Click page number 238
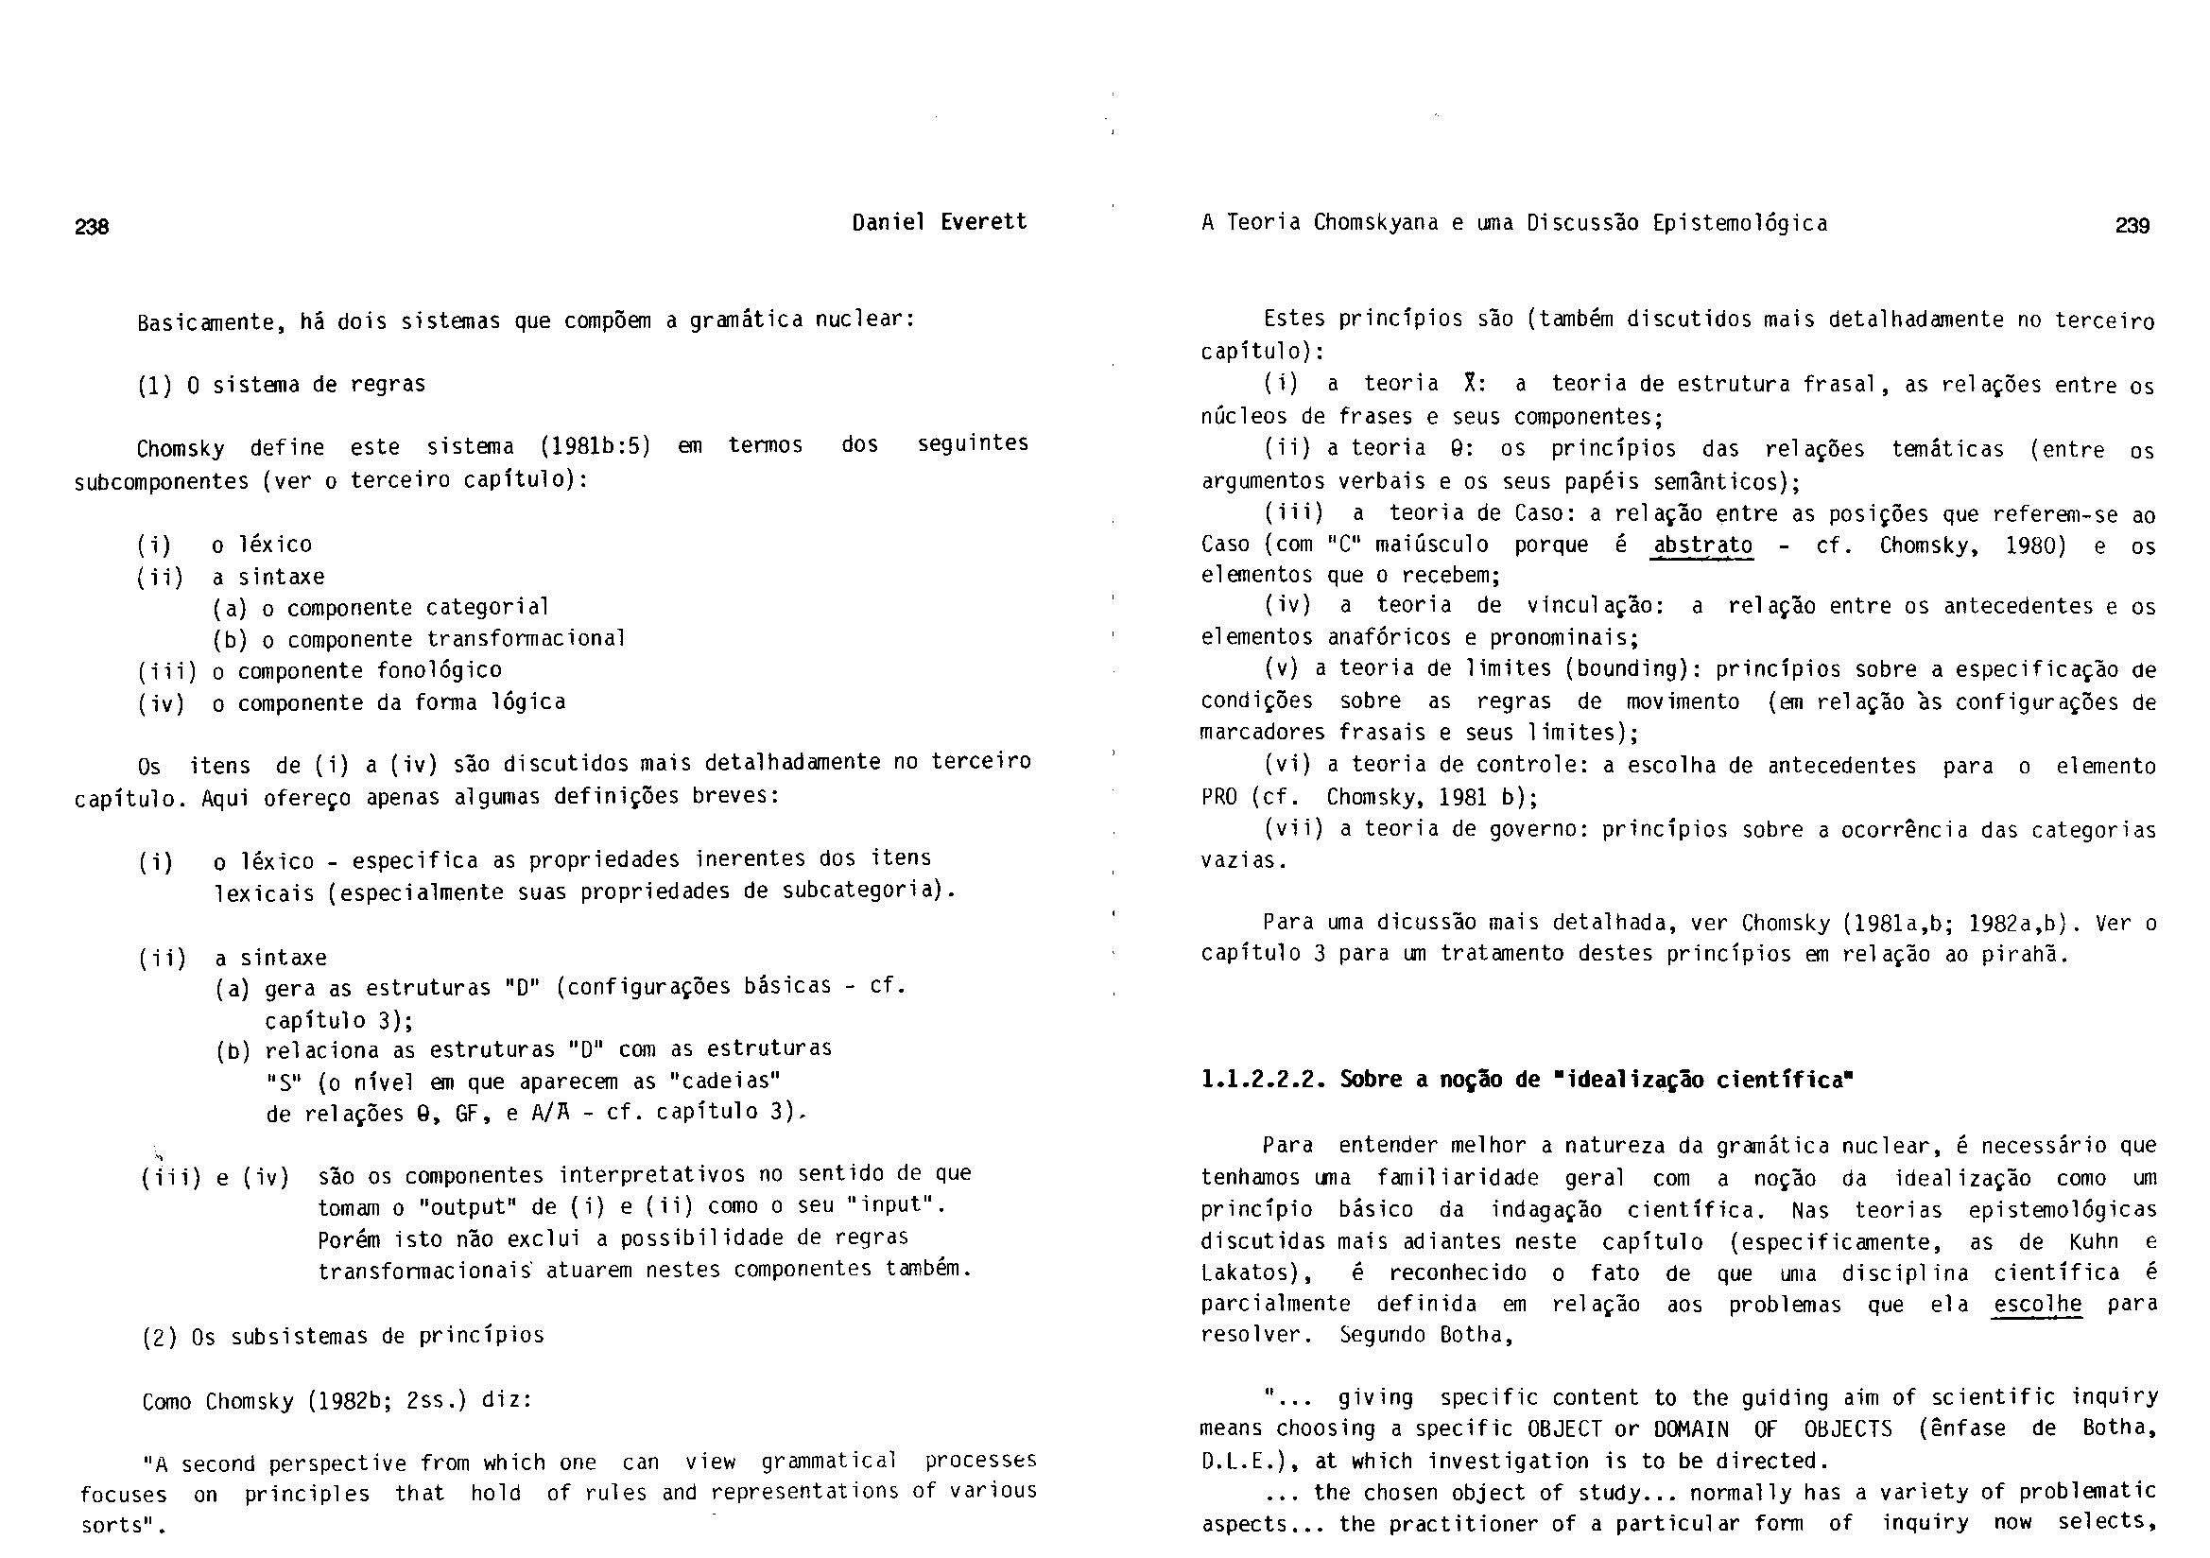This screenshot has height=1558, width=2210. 93,227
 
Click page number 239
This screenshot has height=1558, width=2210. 2132,226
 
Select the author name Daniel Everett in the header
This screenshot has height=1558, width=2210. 940,222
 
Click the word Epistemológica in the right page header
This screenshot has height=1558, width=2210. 1740,223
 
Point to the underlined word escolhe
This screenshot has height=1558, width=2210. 2038,1305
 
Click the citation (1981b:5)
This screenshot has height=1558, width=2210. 595,446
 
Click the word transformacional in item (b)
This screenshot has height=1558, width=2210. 527,638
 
